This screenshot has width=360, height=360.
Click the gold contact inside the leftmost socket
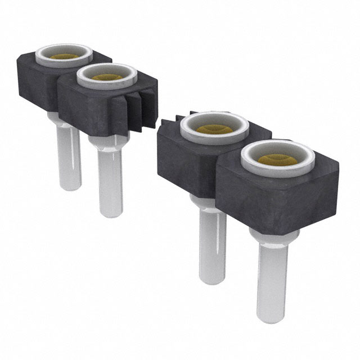(64, 57)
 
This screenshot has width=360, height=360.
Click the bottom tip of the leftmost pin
(71, 187)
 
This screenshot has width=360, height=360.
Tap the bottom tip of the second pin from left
(110, 214)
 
